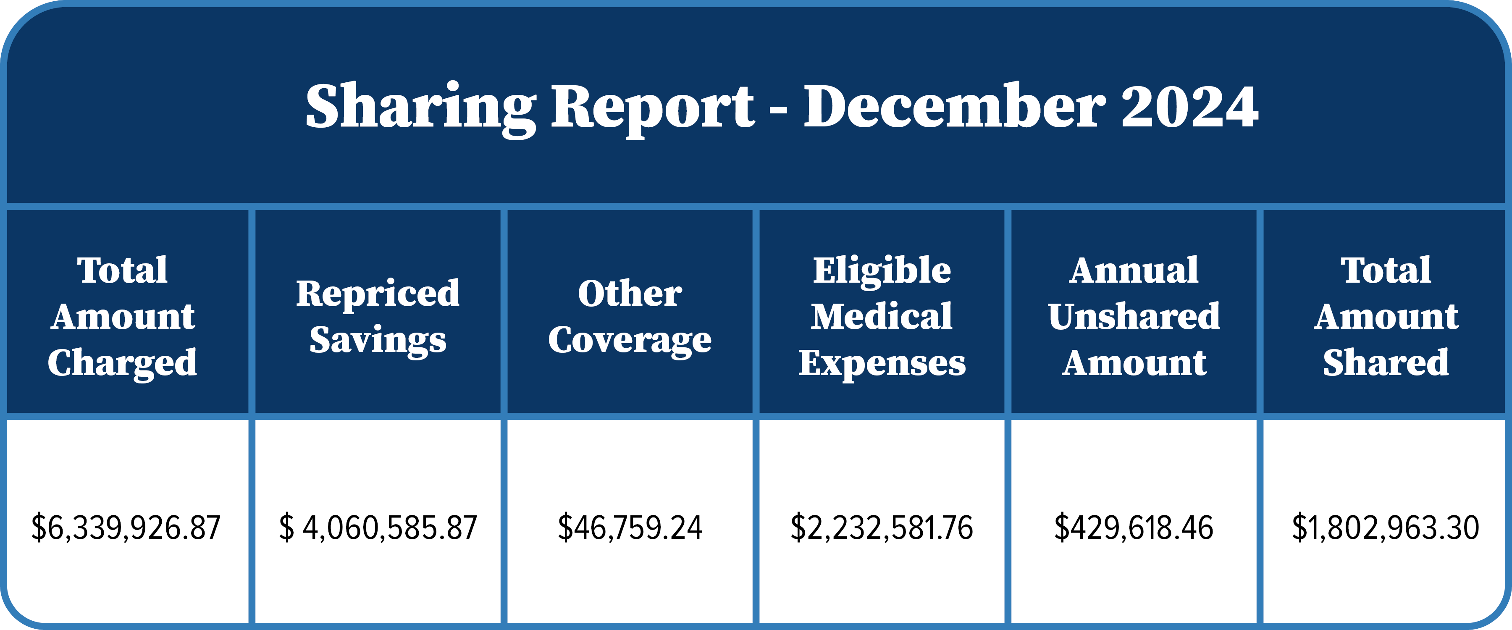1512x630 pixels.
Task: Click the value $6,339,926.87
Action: [x=126, y=527]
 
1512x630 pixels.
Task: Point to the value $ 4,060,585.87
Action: [x=378, y=527]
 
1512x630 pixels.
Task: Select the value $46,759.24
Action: [x=630, y=527]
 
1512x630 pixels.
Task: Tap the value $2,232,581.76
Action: [x=882, y=527]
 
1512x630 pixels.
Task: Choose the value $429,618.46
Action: [x=1134, y=527]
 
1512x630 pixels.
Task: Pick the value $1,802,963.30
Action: [x=1385, y=527]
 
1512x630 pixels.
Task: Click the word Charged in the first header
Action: [x=122, y=363]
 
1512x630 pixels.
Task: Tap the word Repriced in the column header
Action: [x=378, y=293]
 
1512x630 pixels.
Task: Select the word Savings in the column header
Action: [x=378, y=341]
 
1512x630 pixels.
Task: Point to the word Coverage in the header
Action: [x=630, y=341]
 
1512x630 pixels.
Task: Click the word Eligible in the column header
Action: [x=882, y=270]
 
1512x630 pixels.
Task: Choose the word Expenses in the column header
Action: [x=882, y=363]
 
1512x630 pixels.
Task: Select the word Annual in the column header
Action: [x=1134, y=270]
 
